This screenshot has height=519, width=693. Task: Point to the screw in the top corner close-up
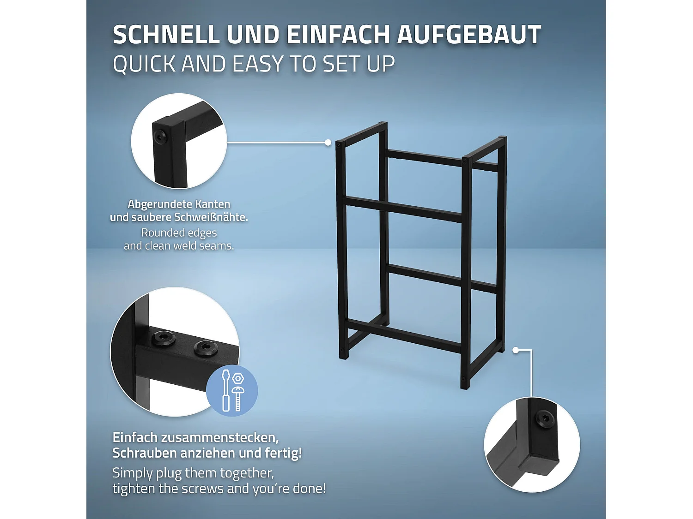coord(160,137)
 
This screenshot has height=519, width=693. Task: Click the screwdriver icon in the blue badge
coord(226,391)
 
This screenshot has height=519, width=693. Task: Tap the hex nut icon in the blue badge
coord(238,379)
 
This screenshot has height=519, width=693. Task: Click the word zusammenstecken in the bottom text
coord(217,437)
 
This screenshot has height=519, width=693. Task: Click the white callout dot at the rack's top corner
coord(328,143)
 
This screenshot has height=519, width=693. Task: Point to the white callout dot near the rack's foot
coord(516,350)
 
